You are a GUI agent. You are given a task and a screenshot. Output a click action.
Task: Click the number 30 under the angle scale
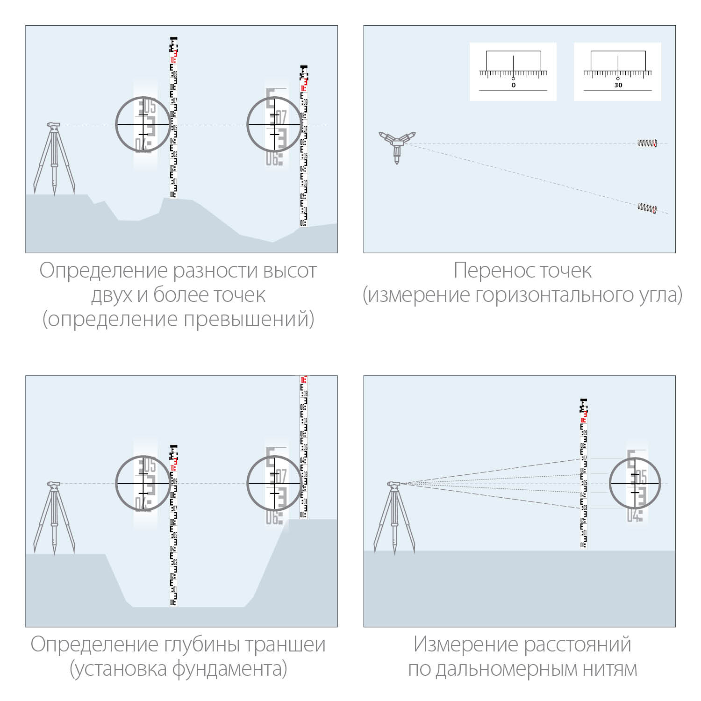[x=618, y=85]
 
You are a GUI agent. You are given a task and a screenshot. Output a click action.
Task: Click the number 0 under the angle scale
[x=513, y=85]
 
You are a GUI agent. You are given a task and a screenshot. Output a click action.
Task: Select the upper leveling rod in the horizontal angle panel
[x=647, y=143]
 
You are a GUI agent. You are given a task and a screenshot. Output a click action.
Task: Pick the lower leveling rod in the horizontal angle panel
[x=647, y=207]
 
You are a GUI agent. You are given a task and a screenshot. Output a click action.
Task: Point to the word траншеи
[x=285, y=644]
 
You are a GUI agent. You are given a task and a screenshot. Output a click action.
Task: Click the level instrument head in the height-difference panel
[x=53, y=125]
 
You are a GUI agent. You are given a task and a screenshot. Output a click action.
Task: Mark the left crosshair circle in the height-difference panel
[x=143, y=124]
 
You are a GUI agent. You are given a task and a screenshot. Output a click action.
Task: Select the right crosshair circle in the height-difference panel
[x=274, y=124]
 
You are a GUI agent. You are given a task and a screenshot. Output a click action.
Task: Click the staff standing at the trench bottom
[x=173, y=526]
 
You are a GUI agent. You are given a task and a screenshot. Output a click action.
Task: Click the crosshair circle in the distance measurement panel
[x=635, y=483]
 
